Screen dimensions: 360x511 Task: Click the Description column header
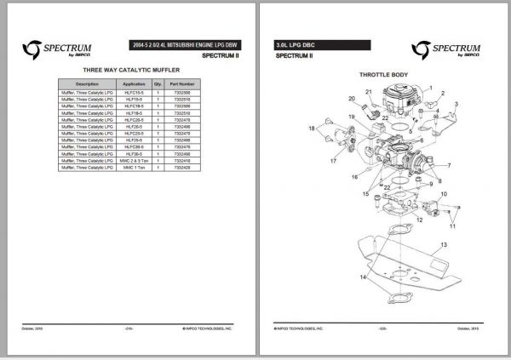point(88,85)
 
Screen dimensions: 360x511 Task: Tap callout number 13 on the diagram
point(444,244)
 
